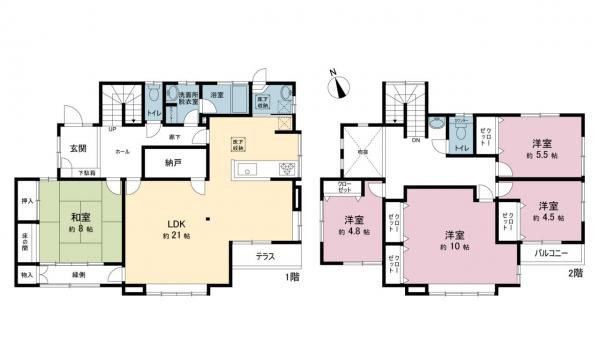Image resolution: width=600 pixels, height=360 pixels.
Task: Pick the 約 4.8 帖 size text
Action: click(x=353, y=232)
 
